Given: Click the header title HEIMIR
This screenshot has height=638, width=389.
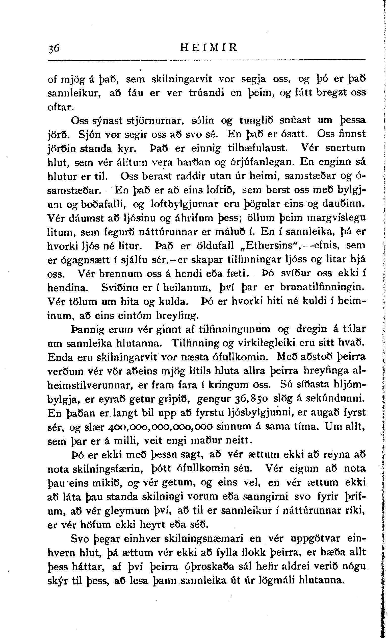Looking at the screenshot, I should click(209, 48).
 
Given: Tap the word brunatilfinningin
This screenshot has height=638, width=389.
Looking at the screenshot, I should click(323, 287).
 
